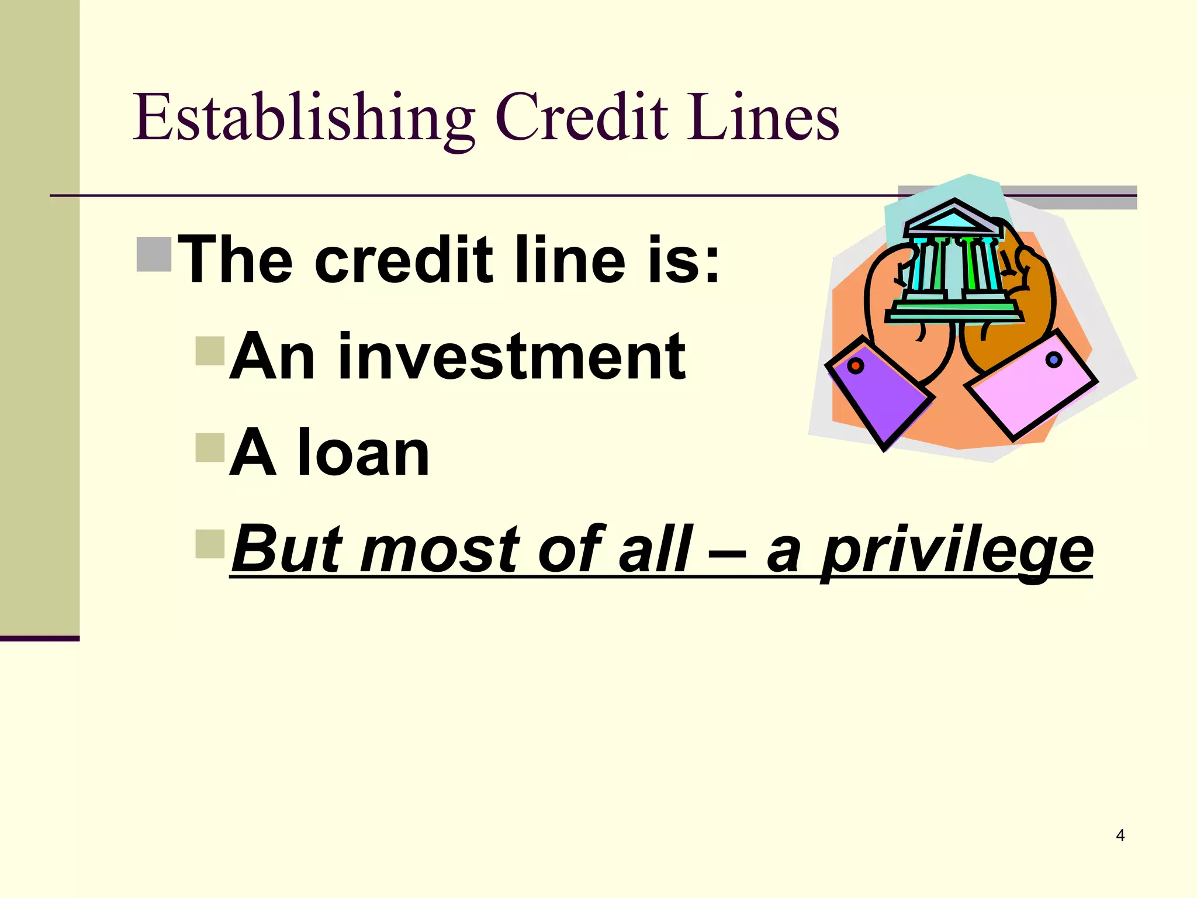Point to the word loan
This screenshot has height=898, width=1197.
pyautogui.click(x=364, y=453)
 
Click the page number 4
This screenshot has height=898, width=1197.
pyautogui.click(x=1120, y=835)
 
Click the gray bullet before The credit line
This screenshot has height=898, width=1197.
pyautogui.click(x=154, y=254)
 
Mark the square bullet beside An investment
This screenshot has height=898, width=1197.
pyautogui.click(x=210, y=351)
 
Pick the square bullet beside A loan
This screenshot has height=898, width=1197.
pyautogui.click(x=210, y=447)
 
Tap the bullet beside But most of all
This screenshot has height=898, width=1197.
pyautogui.click(x=210, y=544)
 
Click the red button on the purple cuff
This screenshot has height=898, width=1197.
pyautogui.click(x=856, y=367)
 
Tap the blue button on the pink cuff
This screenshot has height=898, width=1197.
pyautogui.click(x=1053, y=360)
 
